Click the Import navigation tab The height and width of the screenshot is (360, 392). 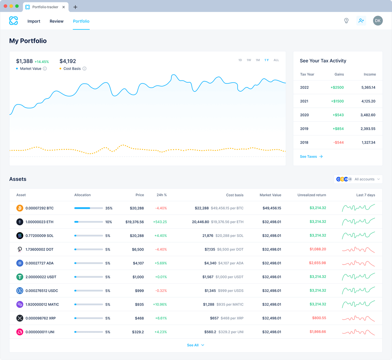34,21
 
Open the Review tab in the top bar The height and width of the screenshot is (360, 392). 57,21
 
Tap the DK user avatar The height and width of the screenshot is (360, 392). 378,21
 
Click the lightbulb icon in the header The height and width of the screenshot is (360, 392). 346,21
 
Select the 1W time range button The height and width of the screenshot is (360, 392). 249,60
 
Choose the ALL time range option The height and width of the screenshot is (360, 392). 276,60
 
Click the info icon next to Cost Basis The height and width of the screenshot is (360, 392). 85,69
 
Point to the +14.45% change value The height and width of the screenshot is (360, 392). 42,62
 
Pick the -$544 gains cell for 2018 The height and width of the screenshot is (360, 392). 338,142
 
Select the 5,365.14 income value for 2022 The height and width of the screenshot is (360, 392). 368,87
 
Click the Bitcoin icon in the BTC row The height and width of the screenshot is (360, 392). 20,208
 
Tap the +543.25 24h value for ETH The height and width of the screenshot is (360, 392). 160,222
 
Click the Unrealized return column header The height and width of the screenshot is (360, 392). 311,195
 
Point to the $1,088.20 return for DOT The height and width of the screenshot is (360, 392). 318,249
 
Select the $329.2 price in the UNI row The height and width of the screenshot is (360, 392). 138,332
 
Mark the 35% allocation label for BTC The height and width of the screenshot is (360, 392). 109,208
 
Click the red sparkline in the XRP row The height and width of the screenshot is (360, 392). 358,318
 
